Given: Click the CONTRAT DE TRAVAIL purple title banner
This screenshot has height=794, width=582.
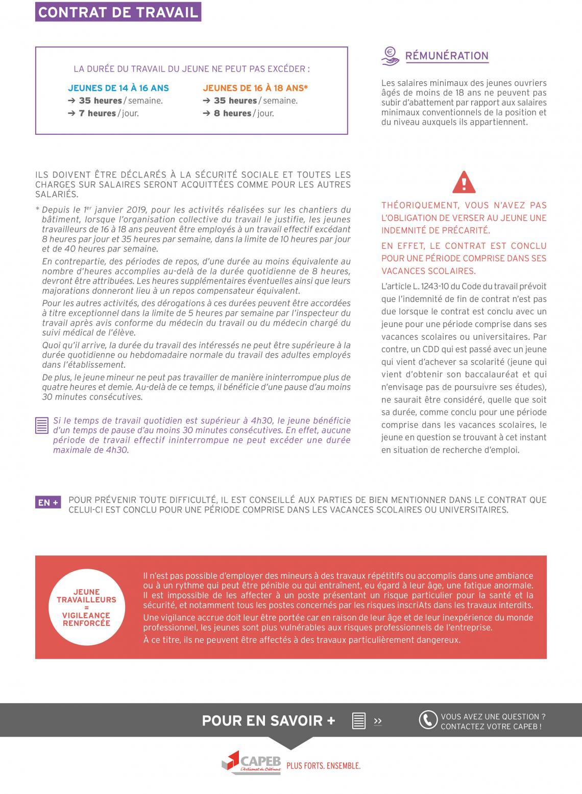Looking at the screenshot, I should coord(118,12).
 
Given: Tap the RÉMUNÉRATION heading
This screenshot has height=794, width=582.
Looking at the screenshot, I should coord(447,56).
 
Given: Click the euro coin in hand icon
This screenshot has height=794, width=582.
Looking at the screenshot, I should coord(391,56).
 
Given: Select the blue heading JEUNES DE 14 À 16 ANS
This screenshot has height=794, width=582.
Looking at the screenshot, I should coord(118,88).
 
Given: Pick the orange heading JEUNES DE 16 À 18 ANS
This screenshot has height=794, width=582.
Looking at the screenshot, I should coord(255,88).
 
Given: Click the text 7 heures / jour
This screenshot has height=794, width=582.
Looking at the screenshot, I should coord(108,113).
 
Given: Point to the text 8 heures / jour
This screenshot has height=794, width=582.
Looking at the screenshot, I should coord(244,113).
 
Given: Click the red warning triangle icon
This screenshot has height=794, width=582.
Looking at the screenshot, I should coord(464,182).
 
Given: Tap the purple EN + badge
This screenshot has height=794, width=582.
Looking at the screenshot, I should coord(48,502).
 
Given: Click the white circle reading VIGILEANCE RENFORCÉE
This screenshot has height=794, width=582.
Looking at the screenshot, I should coord(86,608).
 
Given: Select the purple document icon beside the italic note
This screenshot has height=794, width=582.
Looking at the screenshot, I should coord(42,426).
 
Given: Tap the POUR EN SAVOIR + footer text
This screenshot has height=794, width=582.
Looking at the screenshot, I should coord(269,720).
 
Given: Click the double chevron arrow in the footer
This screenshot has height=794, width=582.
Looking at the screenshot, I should coord(378,721).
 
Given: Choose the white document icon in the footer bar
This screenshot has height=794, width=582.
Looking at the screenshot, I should coord(359,720).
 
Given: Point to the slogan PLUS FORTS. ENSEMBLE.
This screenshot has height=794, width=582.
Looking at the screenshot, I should coord(324,766).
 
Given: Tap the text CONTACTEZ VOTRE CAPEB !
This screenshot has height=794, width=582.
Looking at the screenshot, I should coord(491,727).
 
